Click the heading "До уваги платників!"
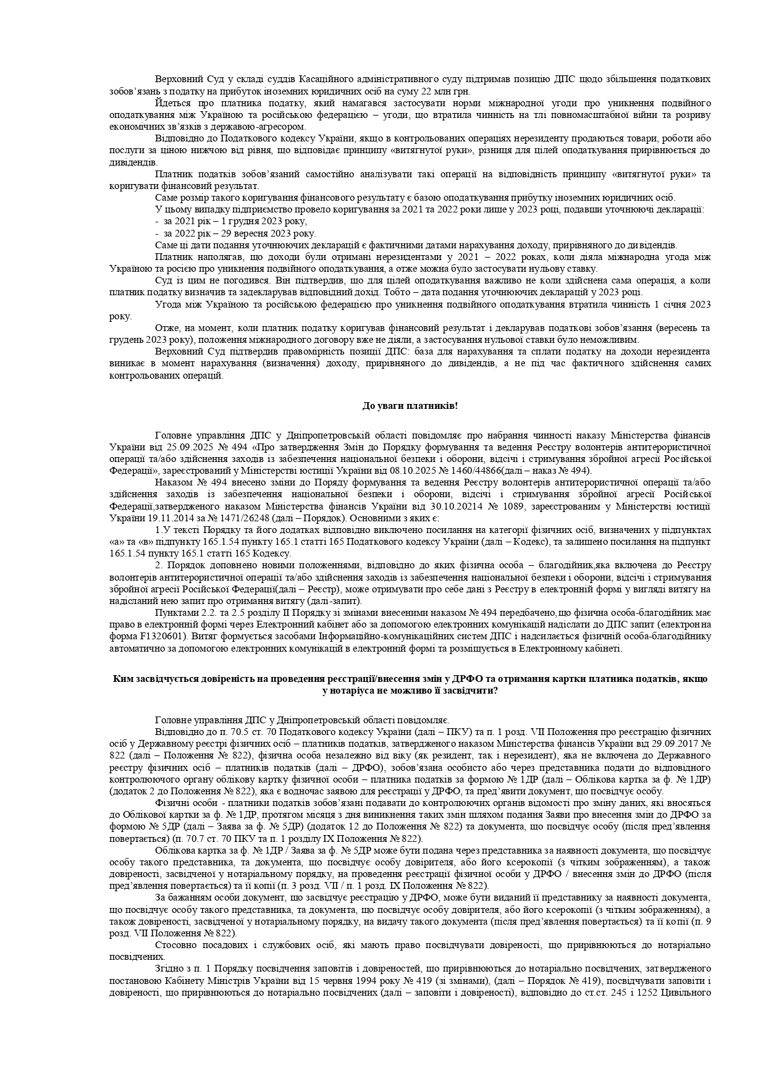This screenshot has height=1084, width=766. (410, 405)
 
